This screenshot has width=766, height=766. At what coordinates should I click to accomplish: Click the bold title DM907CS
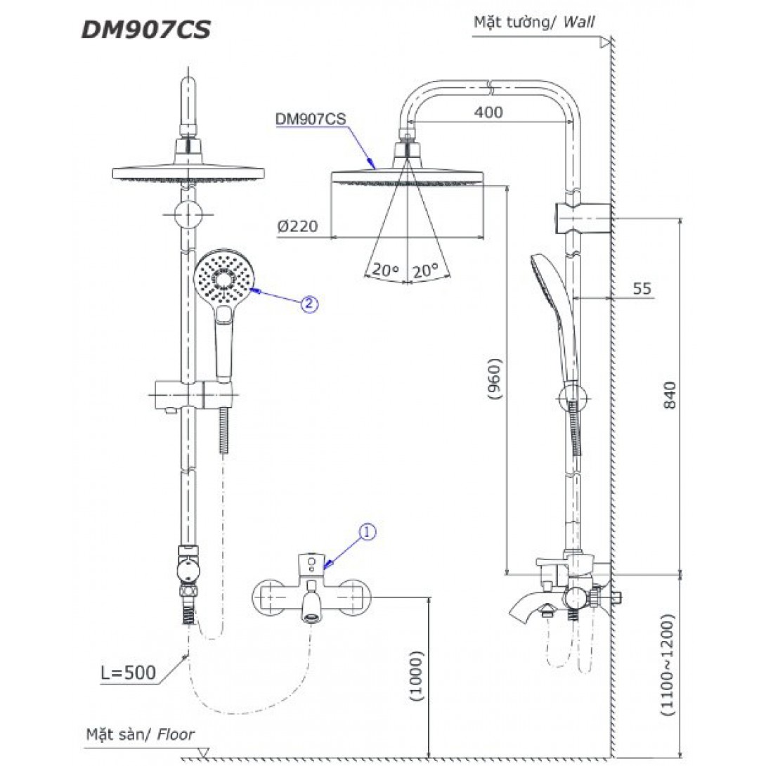pyautogui.click(x=146, y=30)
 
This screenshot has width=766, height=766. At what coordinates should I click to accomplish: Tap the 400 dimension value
pyautogui.click(x=488, y=112)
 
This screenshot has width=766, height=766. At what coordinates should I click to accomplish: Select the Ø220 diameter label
pyautogui.click(x=297, y=226)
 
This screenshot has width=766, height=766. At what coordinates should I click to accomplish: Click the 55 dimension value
pyautogui.click(x=641, y=288)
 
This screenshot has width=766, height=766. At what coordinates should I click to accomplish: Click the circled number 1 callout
pyautogui.click(x=367, y=532)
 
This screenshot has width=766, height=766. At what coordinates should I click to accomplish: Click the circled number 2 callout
pyautogui.click(x=310, y=304)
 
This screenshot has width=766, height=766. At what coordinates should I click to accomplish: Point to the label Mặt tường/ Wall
pyautogui.click(x=533, y=22)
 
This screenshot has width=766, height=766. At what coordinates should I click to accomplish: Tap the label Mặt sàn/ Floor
pyautogui.click(x=140, y=735)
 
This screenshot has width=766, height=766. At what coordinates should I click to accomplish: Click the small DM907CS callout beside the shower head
pyautogui.click(x=311, y=119)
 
